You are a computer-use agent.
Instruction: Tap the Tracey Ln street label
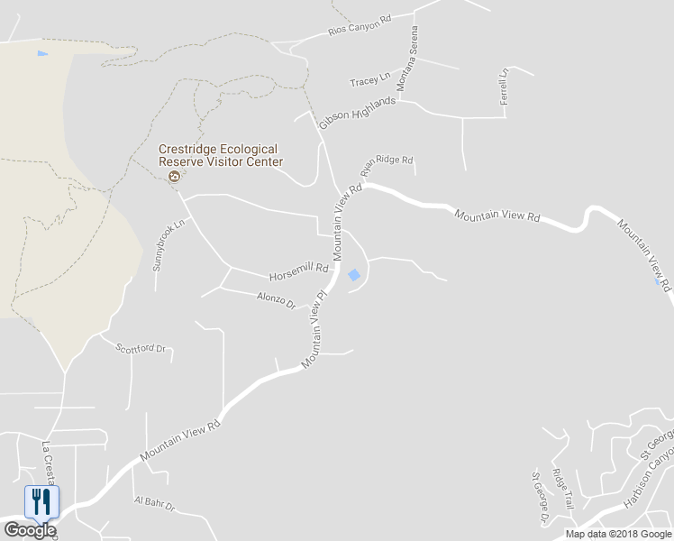(x=369, y=81)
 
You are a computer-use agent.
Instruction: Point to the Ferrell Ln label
(x=505, y=87)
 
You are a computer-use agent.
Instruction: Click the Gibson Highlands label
(x=357, y=113)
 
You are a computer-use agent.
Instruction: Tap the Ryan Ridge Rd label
(x=386, y=163)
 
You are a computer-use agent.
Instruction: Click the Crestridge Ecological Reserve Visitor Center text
(x=221, y=155)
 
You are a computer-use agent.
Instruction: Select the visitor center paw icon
(x=175, y=177)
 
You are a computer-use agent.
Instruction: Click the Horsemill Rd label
(x=297, y=270)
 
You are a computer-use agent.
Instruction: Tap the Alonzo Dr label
(x=277, y=300)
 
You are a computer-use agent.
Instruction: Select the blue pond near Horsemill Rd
(x=354, y=275)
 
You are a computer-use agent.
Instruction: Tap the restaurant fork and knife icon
(x=41, y=500)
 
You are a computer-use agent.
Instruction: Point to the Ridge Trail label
(x=563, y=489)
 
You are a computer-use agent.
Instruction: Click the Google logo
(x=29, y=530)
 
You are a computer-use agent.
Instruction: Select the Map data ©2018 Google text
(x=617, y=534)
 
